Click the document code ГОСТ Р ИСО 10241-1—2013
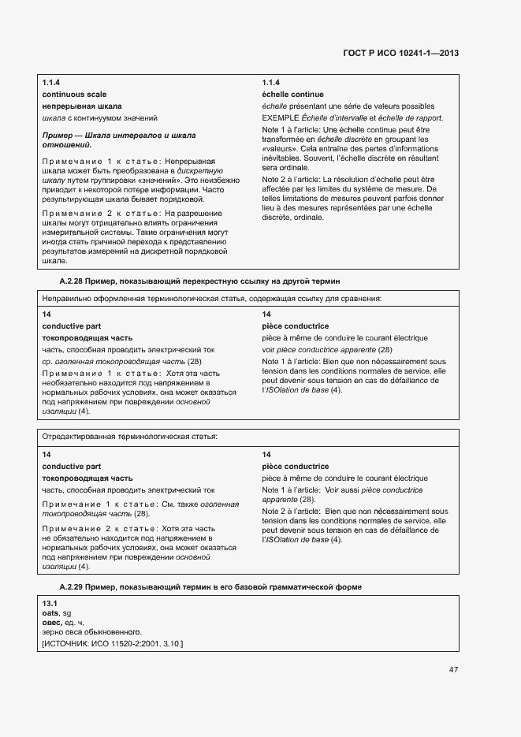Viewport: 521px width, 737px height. [400, 54]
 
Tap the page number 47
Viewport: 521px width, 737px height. [453, 670]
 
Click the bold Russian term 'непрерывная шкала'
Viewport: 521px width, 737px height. [82, 106]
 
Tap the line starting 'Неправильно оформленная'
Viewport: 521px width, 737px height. [212, 299]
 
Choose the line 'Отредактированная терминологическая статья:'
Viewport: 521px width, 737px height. [130, 436]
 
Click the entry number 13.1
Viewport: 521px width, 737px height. [49, 603]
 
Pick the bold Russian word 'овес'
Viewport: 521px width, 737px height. [52, 622]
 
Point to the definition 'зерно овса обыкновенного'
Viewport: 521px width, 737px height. [91, 632]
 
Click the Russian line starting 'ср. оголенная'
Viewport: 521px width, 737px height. [121, 361]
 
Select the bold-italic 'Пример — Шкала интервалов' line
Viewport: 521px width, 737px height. [118, 136]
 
